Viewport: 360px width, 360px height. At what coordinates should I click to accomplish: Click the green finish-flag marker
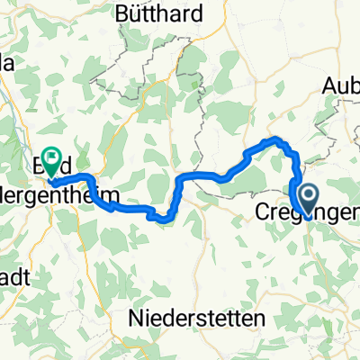[53, 158]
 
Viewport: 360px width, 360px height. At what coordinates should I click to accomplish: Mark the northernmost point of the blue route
[276, 139]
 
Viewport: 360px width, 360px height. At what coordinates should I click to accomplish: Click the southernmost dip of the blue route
[163, 217]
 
